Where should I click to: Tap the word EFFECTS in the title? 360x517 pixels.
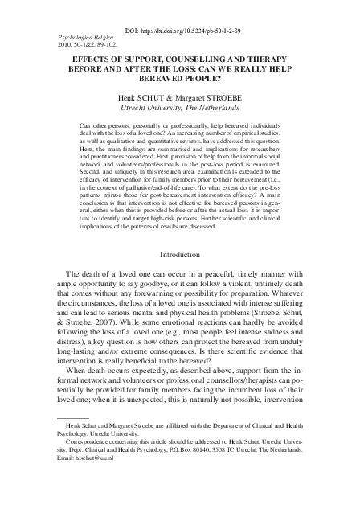(96, 60)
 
